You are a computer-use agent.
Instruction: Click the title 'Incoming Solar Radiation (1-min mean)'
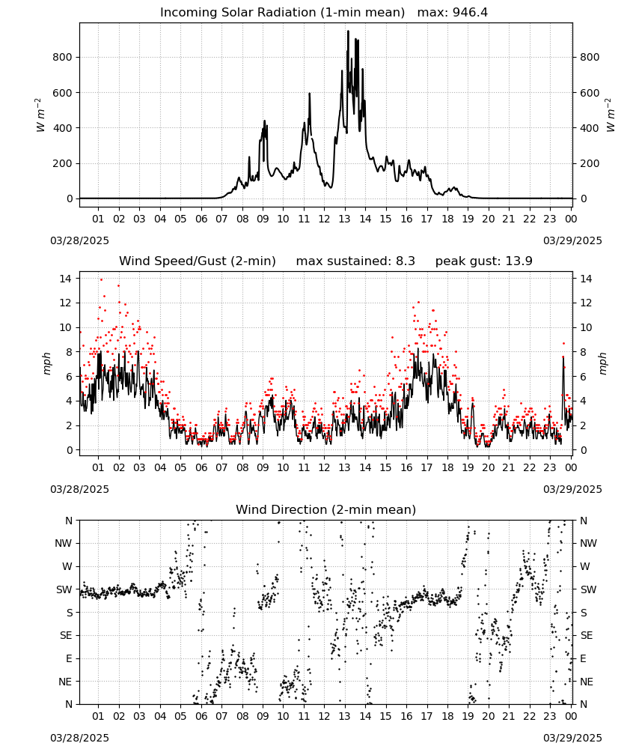tap(282, 13)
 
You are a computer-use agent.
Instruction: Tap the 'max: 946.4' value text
tap(453, 13)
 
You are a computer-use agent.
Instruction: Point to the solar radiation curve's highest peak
tap(348, 31)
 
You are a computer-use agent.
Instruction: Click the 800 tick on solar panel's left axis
tap(63, 58)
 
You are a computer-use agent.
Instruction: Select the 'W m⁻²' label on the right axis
tap(611, 115)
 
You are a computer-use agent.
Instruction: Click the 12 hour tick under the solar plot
tap(324, 219)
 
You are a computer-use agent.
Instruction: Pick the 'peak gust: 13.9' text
tap(484, 261)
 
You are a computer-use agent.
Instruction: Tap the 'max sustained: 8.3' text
tap(355, 261)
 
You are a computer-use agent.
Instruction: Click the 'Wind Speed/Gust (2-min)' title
tap(198, 261)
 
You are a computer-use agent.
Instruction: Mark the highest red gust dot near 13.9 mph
tap(101, 280)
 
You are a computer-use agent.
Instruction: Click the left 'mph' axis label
tap(46, 363)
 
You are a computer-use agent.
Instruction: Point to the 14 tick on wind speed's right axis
tap(586, 279)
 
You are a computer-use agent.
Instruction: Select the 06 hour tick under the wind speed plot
tap(201, 467)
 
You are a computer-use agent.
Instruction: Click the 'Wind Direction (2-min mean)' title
tap(326, 509)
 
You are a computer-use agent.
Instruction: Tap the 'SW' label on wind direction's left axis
tap(64, 590)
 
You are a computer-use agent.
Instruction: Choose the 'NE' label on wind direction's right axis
tap(587, 682)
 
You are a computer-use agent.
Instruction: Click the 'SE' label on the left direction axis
tap(66, 636)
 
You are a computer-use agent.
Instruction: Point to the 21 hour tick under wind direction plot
tap(509, 716)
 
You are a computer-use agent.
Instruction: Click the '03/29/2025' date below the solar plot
tap(572, 240)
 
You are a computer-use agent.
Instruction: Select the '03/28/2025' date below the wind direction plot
tap(79, 738)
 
